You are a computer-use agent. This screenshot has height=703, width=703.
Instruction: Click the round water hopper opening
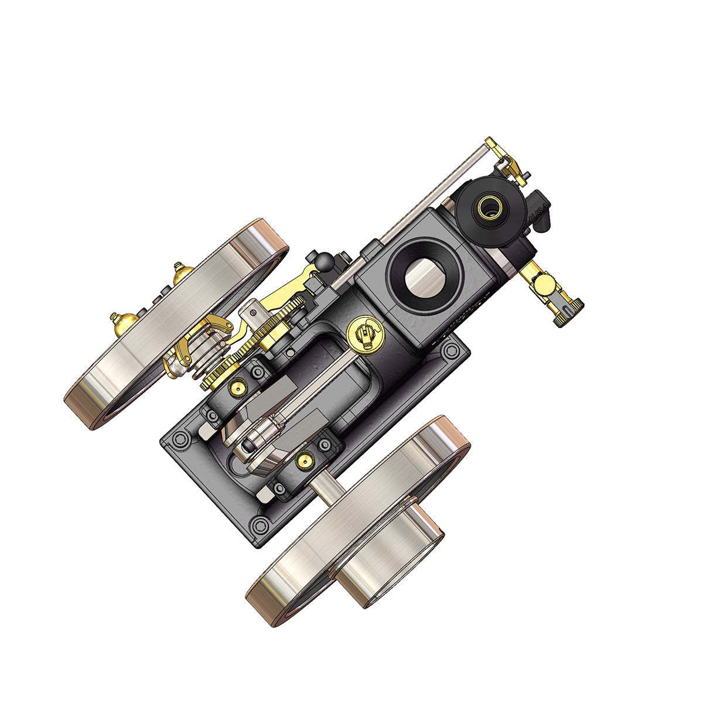[x=426, y=276]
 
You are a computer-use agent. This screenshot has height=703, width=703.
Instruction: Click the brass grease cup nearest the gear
[x=238, y=387]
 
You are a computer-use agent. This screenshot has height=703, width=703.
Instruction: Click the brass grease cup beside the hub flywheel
[x=304, y=459]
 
